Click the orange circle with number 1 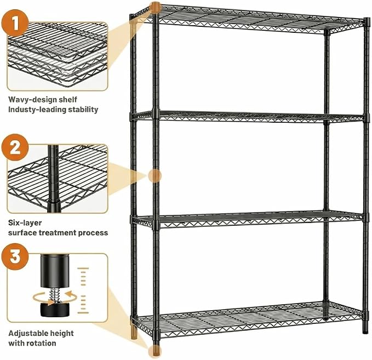[15, 23]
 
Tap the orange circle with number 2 [15, 147]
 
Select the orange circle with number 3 [15, 256]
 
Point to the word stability [83, 110]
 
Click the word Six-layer [25, 223]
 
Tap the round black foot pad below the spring [55, 310]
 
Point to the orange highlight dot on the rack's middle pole [155, 176]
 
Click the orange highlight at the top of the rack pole [156, 8]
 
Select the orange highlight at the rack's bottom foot [154, 351]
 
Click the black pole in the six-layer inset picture [54, 179]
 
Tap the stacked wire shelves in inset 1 [57, 55]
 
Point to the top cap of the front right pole [367, 22]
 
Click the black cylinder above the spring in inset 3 [55, 271]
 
